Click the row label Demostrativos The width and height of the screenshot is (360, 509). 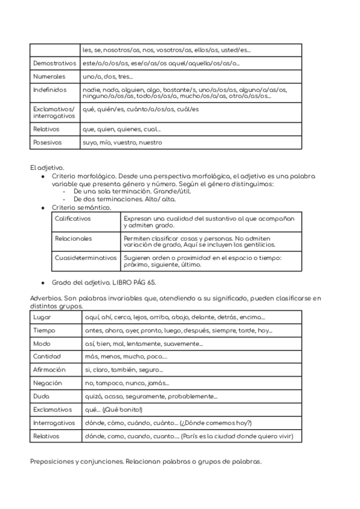tap(55, 63)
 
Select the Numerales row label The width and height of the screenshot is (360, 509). tap(50, 77)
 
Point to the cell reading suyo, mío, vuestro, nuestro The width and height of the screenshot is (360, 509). tap(122, 143)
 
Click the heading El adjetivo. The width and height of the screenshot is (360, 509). tap(47, 167)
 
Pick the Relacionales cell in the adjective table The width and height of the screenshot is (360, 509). tap(74, 238)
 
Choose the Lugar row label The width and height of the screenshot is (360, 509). tap(43, 317)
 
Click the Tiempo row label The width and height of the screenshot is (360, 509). tap(44, 330)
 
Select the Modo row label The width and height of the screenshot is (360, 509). tap(43, 343)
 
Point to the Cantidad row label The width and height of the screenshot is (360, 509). tap(47, 357)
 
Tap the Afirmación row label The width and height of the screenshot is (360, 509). tap(50, 370)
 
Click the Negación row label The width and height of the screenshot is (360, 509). tap(48, 383)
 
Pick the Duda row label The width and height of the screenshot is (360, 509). tap(42, 396)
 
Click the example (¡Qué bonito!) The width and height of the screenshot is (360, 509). tap(123, 409)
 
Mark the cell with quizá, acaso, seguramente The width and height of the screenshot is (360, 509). tap(151, 396)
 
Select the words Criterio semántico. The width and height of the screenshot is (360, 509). tap(82, 207)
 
